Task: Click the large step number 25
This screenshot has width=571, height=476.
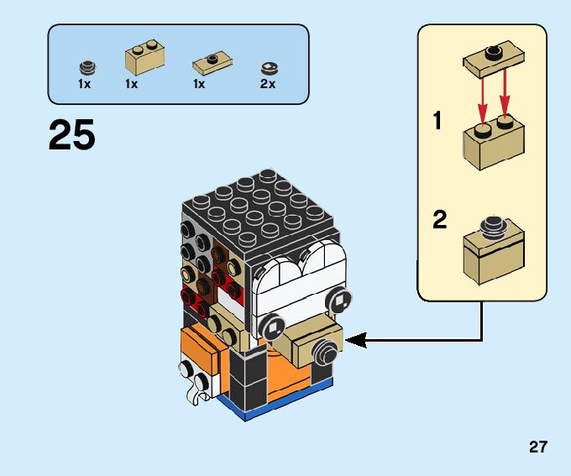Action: [72, 135]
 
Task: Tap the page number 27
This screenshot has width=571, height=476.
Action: [538, 447]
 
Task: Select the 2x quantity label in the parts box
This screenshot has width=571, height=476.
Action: [268, 85]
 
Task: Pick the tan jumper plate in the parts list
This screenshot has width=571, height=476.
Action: [211, 61]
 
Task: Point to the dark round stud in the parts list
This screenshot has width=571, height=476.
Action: [85, 67]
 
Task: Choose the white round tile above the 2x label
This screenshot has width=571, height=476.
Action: [269, 67]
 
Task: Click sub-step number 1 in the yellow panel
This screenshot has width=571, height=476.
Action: [437, 121]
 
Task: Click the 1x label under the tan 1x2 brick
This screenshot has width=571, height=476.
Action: [131, 85]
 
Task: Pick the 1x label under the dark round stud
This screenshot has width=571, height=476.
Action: [85, 85]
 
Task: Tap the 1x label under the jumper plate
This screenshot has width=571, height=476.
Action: [199, 85]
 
